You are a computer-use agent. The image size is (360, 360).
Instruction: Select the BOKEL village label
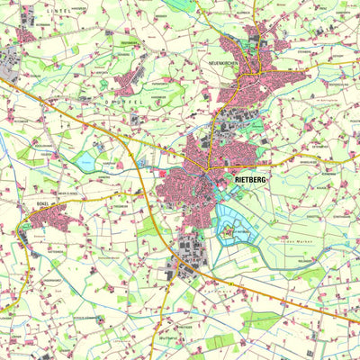(41, 204)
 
